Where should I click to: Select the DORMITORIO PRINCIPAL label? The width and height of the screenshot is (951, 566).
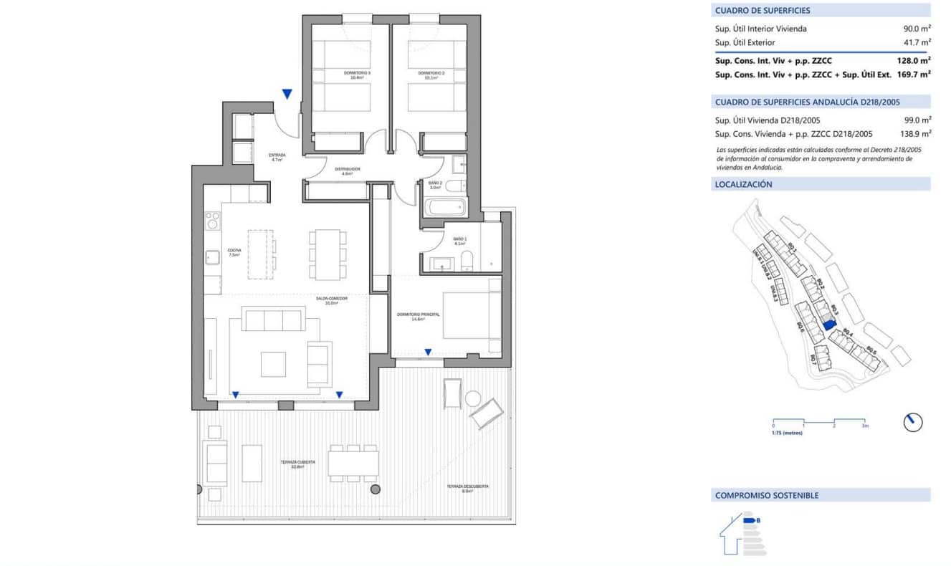pos(418,315)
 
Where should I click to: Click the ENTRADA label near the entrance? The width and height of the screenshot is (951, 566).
pos(277,155)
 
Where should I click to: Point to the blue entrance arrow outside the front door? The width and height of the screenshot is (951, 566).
pos(287,94)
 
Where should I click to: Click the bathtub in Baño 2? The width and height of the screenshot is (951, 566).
pos(445,208)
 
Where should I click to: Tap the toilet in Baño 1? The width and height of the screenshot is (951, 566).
pos(467,262)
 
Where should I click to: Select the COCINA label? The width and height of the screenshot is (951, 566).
pos(234,251)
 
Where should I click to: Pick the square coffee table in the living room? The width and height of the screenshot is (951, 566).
pos(273,364)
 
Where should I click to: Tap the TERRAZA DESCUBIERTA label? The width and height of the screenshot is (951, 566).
pos(467,487)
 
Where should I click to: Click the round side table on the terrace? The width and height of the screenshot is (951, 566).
pos(474,399)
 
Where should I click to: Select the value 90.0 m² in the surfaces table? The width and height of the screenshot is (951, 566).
pos(917,29)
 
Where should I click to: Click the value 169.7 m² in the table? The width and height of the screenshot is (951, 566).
pos(914,74)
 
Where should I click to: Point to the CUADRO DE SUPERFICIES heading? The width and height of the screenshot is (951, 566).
pos(763,11)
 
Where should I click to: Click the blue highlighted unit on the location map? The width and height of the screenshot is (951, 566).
pos(829,324)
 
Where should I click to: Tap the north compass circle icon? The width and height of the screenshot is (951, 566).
pos(913,422)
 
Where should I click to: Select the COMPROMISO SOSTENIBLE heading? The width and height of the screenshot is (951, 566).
pos(766,495)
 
